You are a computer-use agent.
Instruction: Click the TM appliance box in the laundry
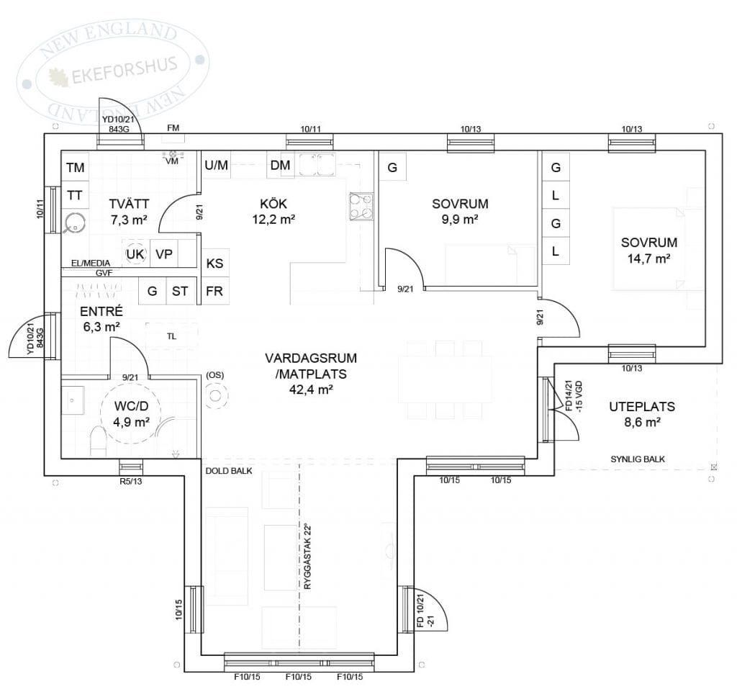coord(75,167)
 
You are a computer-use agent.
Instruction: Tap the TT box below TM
coord(75,195)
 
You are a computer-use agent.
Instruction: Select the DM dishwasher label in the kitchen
coord(280,165)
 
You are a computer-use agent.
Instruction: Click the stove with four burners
coord(361,207)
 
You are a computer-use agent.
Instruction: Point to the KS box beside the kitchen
coord(214,263)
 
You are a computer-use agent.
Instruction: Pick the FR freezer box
coord(214,291)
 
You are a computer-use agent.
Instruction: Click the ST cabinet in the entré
coord(180,291)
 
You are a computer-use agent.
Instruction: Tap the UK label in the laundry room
coord(135,254)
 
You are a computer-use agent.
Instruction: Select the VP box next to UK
coord(164,254)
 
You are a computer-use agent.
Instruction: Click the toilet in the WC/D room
coord(98,441)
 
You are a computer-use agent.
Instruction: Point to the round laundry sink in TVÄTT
coord(75,223)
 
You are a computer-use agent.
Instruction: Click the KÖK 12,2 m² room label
coord(273,211)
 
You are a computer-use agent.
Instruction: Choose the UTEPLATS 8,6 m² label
coord(642,414)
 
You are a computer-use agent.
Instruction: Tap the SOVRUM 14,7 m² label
coord(649,250)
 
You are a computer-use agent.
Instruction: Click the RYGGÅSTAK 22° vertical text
coord(307,557)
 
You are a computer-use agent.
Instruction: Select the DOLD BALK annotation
coord(229,471)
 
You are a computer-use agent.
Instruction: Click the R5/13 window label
coord(131,481)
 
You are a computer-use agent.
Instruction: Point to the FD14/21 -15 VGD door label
coord(574,396)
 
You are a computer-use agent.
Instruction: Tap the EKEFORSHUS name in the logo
coord(124,71)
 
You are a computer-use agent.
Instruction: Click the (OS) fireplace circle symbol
coord(216,396)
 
